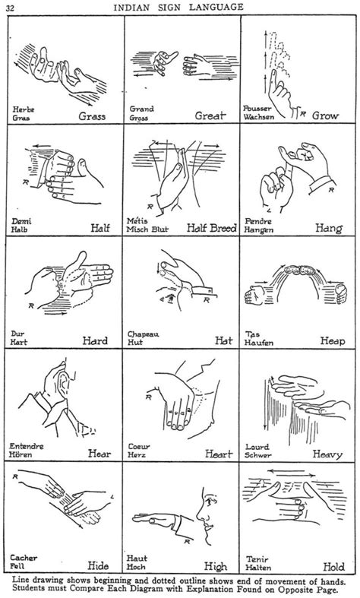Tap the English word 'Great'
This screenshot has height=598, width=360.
212,118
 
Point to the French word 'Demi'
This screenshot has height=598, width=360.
21,220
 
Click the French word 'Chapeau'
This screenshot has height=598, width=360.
146,333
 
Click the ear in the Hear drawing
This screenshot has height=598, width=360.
61,378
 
